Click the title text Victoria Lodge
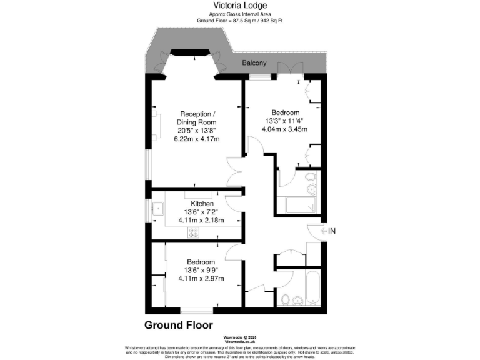239,5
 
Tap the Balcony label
254,63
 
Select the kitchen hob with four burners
194,232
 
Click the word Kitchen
202,204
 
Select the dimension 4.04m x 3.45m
284,129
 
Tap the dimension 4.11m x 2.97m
201,278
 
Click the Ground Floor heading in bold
178,325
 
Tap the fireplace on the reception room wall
154,123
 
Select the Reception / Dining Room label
197,117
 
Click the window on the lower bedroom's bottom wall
196,310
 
